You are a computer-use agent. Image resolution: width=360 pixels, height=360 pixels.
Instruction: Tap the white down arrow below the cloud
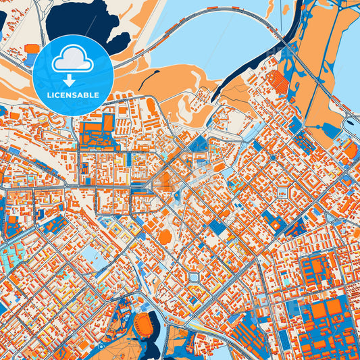[x=72, y=80]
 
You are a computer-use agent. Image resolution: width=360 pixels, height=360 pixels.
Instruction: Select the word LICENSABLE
[x=73, y=95]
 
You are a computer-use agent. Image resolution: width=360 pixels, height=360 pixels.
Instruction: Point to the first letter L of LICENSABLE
[x=49, y=95]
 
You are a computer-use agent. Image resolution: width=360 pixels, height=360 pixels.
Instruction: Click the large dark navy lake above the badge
[x=88, y=24]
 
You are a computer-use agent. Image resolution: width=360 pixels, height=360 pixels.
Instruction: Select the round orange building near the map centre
[x=164, y=236]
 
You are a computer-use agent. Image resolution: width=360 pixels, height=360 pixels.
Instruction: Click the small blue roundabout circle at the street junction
[x=273, y=157]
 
